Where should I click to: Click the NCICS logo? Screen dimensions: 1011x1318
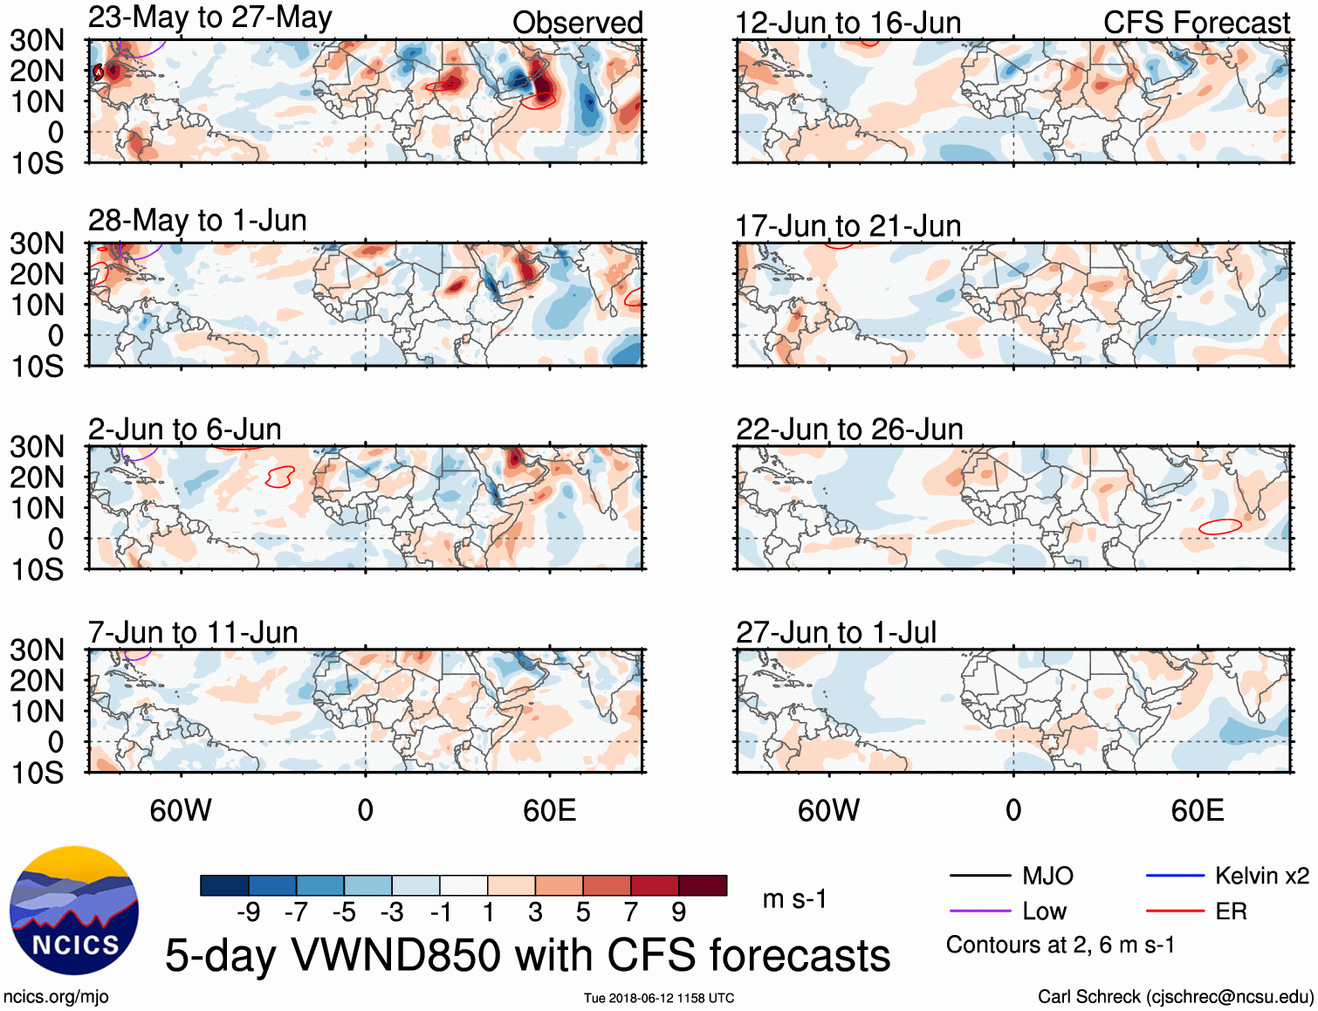(x=74, y=911)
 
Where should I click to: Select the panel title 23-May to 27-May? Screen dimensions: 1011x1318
(x=209, y=17)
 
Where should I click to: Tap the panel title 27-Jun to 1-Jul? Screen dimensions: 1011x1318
(x=835, y=632)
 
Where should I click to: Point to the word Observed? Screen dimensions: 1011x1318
(x=577, y=23)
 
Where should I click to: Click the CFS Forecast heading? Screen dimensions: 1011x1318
(x=1196, y=23)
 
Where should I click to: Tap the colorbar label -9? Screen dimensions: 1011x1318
(x=249, y=912)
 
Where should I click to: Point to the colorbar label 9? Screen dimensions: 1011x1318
(x=679, y=912)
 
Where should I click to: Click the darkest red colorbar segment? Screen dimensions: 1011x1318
(x=703, y=885)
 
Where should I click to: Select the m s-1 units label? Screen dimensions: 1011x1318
(x=794, y=899)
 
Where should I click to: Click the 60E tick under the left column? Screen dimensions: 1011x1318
(x=550, y=810)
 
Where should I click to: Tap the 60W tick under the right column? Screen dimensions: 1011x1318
(x=829, y=810)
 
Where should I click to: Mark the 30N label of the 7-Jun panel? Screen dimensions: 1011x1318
(x=38, y=650)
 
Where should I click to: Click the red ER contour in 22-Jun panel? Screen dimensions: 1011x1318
(x=1220, y=526)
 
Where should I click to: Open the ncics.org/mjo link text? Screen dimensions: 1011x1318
(x=56, y=997)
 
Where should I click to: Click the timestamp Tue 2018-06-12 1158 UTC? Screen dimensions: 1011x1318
(x=659, y=998)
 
